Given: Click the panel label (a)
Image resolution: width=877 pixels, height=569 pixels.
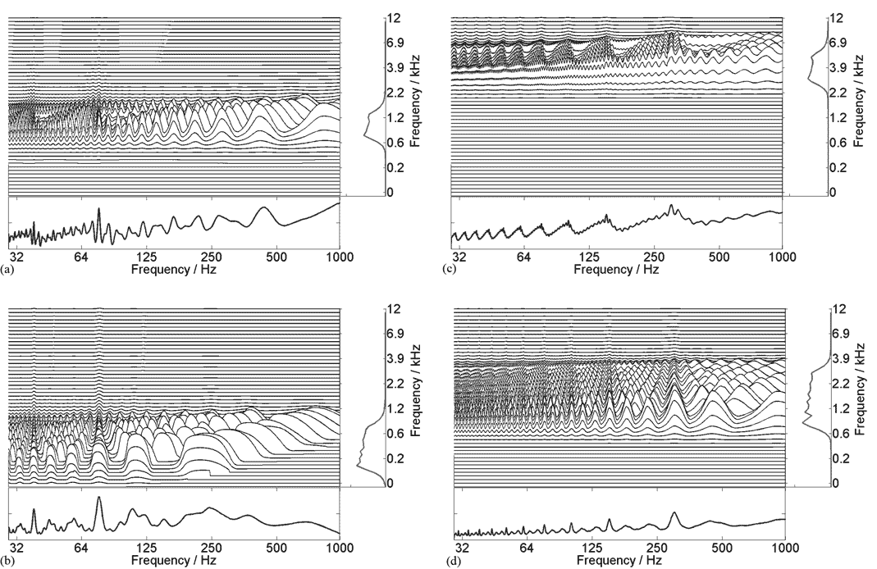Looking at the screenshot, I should coord(8,269).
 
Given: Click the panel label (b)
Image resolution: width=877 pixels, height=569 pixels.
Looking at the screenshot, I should coord(8,562).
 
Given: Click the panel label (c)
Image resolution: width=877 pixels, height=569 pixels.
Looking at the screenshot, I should coord(449,269).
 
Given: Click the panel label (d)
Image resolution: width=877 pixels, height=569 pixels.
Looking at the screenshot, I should coord(449,562).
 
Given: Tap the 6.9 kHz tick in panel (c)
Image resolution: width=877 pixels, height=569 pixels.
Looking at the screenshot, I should coord(838,42).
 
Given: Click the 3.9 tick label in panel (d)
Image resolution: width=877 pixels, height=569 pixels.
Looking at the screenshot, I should coord(838,359).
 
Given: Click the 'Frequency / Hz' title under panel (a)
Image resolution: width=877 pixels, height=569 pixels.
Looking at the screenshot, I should coord(173,268).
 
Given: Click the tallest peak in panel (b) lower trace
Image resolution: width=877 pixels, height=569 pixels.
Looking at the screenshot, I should coord(99,497).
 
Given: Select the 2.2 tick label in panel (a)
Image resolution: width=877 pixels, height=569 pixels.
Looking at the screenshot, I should coord(395,93).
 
